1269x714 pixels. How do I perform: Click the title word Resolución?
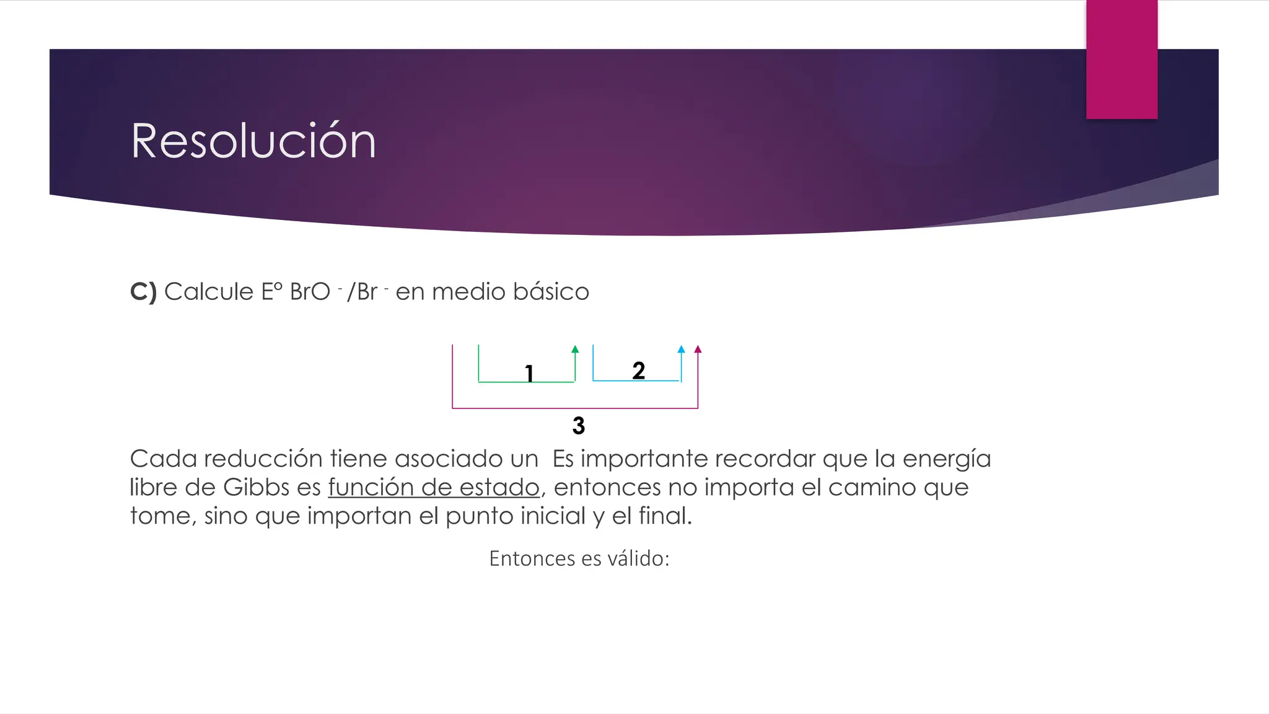coord(253,141)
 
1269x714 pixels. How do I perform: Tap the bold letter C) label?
coord(143,292)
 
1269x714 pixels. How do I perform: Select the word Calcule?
coord(209,292)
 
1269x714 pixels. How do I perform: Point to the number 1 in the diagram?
coord(529,374)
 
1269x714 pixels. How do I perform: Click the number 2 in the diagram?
coord(639,371)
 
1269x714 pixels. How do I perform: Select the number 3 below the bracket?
coord(579,426)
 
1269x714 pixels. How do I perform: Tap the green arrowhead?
coord(575,350)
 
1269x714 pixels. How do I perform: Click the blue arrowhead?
coord(681,350)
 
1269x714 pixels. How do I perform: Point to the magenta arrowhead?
coord(698,350)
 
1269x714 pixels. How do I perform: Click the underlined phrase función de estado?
coord(434,488)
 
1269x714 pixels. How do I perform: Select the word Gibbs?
coord(257,488)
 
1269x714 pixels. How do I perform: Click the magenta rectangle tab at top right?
coord(1122,59)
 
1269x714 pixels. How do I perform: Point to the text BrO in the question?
coord(310,292)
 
